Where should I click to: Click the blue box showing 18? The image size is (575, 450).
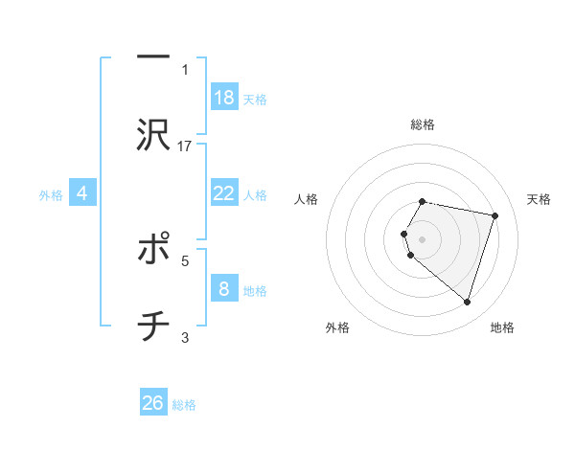point(224,98)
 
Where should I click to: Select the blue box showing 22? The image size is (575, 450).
point(224,193)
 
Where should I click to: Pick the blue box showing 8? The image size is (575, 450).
point(224,288)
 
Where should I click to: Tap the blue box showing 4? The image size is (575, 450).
point(82,193)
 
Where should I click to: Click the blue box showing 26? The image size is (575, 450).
point(153,403)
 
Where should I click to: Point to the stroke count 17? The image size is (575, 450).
point(185,146)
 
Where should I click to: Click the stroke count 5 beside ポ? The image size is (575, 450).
point(185,259)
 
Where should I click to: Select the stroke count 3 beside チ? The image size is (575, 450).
point(185,337)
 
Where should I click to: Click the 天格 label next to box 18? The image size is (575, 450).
point(255,100)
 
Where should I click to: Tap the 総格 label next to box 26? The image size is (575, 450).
point(184,405)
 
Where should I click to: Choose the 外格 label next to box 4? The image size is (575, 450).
point(51,195)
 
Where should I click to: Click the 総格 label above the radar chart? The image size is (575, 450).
point(423,124)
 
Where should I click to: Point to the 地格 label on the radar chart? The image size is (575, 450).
point(502,327)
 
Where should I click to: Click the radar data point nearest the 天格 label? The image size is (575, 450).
point(494,216)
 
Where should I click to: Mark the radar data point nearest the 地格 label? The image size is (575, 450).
point(467,303)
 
